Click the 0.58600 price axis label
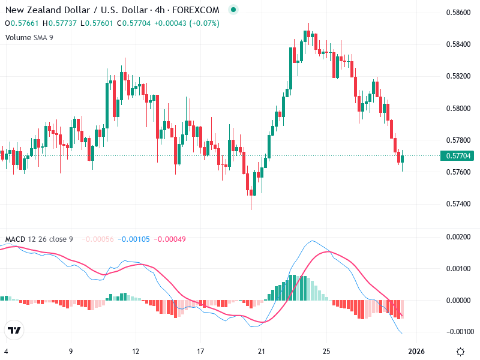click(458, 13)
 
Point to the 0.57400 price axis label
click(458, 204)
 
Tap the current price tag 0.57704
click(459, 156)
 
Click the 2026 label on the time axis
click(417, 351)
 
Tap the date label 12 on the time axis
click(136, 351)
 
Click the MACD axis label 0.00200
click(458, 237)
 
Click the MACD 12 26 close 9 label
click(39, 239)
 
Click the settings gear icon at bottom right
click(460, 351)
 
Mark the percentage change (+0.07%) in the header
click(205, 23)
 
